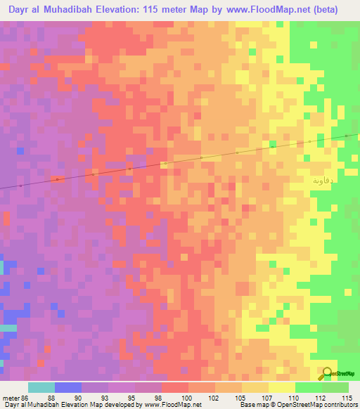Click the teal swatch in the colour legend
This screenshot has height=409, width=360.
pos(41,387)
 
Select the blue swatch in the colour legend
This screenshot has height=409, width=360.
pos(68,387)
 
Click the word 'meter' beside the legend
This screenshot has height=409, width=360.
pos(10,397)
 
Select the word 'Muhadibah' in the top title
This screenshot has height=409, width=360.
pos(62,10)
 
